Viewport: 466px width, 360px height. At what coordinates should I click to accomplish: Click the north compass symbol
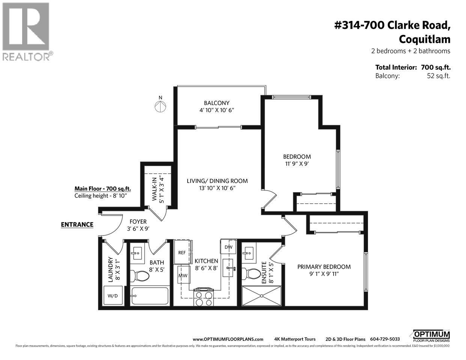pyautogui.click(x=160, y=106)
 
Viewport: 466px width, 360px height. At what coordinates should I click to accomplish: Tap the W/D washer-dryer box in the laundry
pyautogui.click(x=113, y=295)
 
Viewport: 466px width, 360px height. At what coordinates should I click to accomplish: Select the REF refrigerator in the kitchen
pyautogui.click(x=182, y=252)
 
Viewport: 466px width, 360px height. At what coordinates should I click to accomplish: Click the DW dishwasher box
pyautogui.click(x=228, y=247)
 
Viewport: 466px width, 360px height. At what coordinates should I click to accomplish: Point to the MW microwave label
pyautogui.click(x=183, y=276)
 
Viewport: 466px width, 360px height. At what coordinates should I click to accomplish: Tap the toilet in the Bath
pyautogui.click(x=143, y=276)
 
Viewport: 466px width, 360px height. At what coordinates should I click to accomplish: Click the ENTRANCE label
pyautogui.click(x=77, y=225)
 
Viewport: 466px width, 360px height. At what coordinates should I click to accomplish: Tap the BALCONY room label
pyautogui.click(x=216, y=103)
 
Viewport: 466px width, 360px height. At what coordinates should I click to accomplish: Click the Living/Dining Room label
pyautogui.click(x=217, y=181)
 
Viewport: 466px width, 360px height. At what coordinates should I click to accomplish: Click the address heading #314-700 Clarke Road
pyautogui.click(x=392, y=25)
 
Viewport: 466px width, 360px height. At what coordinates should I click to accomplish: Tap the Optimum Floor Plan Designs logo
pyautogui.click(x=431, y=335)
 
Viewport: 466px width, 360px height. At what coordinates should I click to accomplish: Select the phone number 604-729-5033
pyautogui.click(x=385, y=339)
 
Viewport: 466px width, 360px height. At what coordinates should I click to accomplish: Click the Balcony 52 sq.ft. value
pyautogui.click(x=436, y=76)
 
